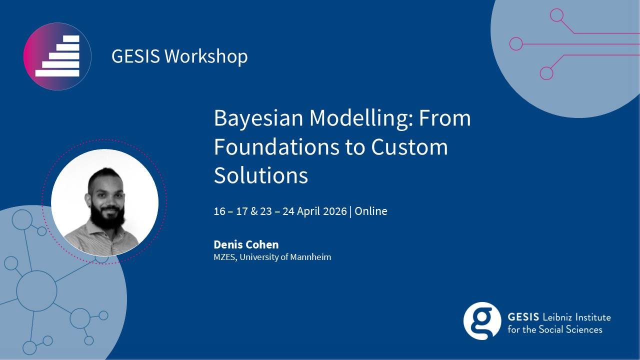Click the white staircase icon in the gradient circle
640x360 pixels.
57,56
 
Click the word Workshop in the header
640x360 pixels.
206,56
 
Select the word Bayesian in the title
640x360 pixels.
258,118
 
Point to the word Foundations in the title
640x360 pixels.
276,147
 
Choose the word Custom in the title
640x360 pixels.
409,147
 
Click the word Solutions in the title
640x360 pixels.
261,175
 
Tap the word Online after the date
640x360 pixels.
371,211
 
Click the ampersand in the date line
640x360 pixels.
253,211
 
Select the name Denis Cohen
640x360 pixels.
246,244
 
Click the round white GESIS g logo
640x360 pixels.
482,321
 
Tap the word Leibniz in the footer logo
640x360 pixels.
557,317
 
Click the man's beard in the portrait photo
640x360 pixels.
107,215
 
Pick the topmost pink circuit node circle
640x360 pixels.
556,15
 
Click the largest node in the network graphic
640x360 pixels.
36,291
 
